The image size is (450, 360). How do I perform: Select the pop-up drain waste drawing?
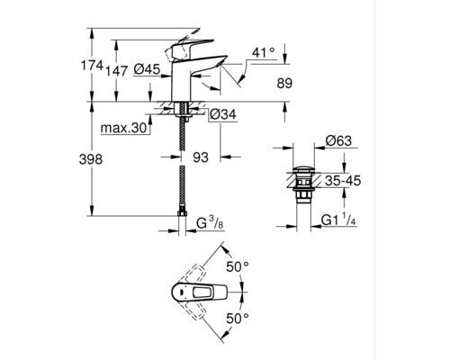(303, 184)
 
